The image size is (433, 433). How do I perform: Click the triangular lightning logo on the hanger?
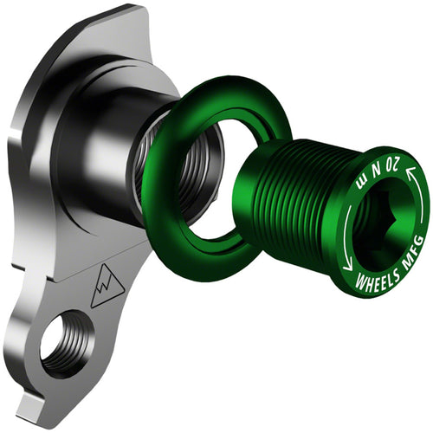pyautogui.click(x=105, y=285)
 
